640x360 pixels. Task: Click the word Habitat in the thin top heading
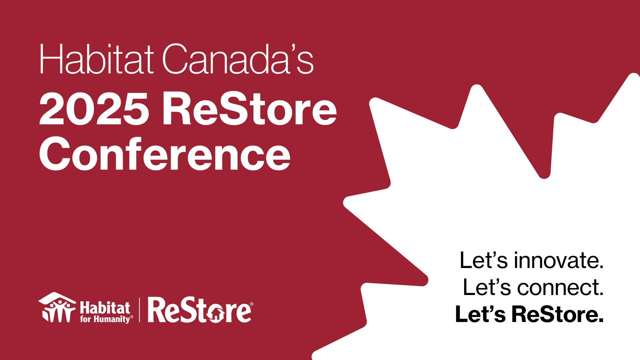[x=97, y=59]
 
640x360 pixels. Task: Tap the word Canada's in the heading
[x=238, y=59]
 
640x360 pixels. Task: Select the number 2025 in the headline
[x=94, y=109]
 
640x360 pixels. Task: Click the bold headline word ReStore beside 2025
[x=250, y=109]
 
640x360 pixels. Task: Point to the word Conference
[x=165, y=153]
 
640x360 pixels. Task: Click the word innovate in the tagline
[x=559, y=260]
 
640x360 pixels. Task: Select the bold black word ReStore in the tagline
[x=558, y=314]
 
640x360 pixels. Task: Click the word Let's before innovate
[x=484, y=260]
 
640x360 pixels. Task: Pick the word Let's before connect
[x=487, y=287]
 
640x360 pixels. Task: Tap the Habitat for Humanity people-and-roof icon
[x=57, y=307]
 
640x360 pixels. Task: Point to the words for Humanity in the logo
[x=105, y=319]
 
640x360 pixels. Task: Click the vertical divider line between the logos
[x=139, y=310]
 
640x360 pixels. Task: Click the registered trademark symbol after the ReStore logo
[x=252, y=304]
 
